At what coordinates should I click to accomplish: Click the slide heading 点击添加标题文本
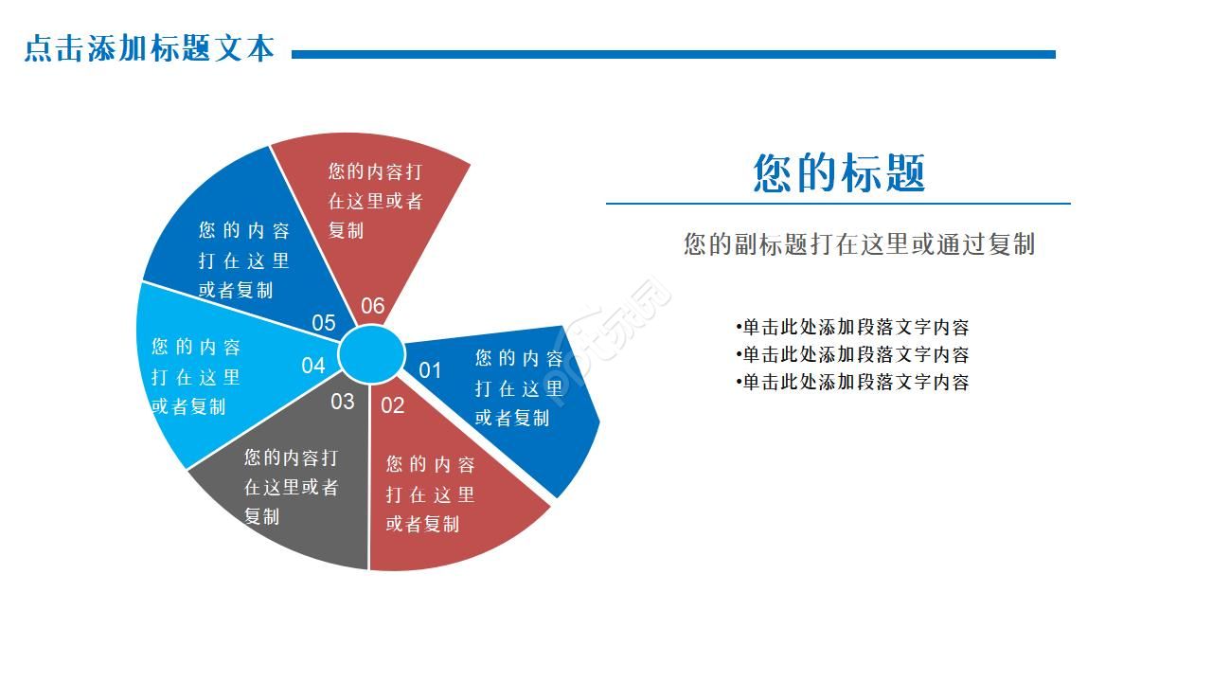click(x=149, y=48)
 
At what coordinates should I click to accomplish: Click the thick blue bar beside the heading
click(x=672, y=55)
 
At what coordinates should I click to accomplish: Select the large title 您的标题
click(x=839, y=173)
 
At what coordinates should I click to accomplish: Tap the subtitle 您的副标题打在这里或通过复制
click(x=859, y=244)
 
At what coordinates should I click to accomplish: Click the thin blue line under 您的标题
click(x=837, y=203)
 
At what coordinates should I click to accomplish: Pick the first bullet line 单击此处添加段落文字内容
click(x=852, y=328)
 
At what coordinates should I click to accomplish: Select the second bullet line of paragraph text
click(x=852, y=355)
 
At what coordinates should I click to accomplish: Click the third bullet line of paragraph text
click(x=852, y=383)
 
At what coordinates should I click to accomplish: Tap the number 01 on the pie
click(x=431, y=370)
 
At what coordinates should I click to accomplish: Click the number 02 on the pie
click(x=392, y=406)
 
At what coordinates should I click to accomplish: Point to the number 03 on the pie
click(x=342, y=402)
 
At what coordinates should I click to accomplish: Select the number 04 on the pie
click(x=313, y=366)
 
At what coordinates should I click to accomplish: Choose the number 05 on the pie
click(x=324, y=323)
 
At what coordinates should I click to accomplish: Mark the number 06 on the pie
click(x=373, y=306)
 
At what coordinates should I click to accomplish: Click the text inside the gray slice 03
click(x=291, y=487)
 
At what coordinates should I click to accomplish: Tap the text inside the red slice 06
click(x=375, y=201)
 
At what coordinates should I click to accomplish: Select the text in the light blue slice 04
click(x=196, y=377)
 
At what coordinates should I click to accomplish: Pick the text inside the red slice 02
click(x=430, y=494)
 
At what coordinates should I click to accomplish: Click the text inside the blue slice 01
click(x=519, y=387)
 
